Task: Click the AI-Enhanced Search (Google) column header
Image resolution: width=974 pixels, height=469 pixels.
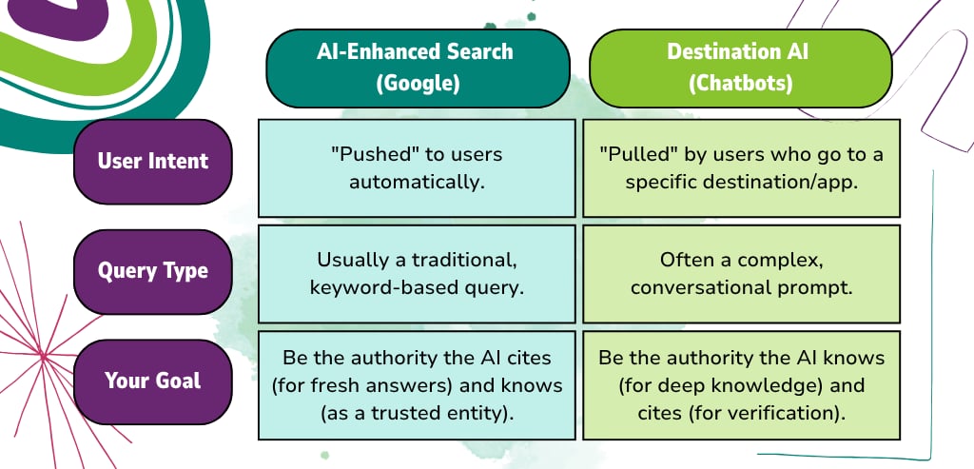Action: (418, 68)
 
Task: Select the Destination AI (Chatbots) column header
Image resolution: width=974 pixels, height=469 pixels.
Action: (740, 68)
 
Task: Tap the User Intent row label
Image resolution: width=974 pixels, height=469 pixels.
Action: (153, 162)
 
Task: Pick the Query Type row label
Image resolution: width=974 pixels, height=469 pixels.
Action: (153, 271)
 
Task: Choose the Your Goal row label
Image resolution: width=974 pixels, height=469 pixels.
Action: (153, 381)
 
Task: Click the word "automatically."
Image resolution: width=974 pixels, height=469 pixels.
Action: (417, 184)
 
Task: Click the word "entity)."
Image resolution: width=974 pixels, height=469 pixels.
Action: (477, 415)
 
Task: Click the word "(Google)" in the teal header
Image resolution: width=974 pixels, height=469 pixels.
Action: (419, 84)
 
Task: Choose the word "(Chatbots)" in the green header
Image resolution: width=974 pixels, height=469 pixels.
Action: (740, 84)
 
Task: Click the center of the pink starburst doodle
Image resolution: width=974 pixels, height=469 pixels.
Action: (44, 356)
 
